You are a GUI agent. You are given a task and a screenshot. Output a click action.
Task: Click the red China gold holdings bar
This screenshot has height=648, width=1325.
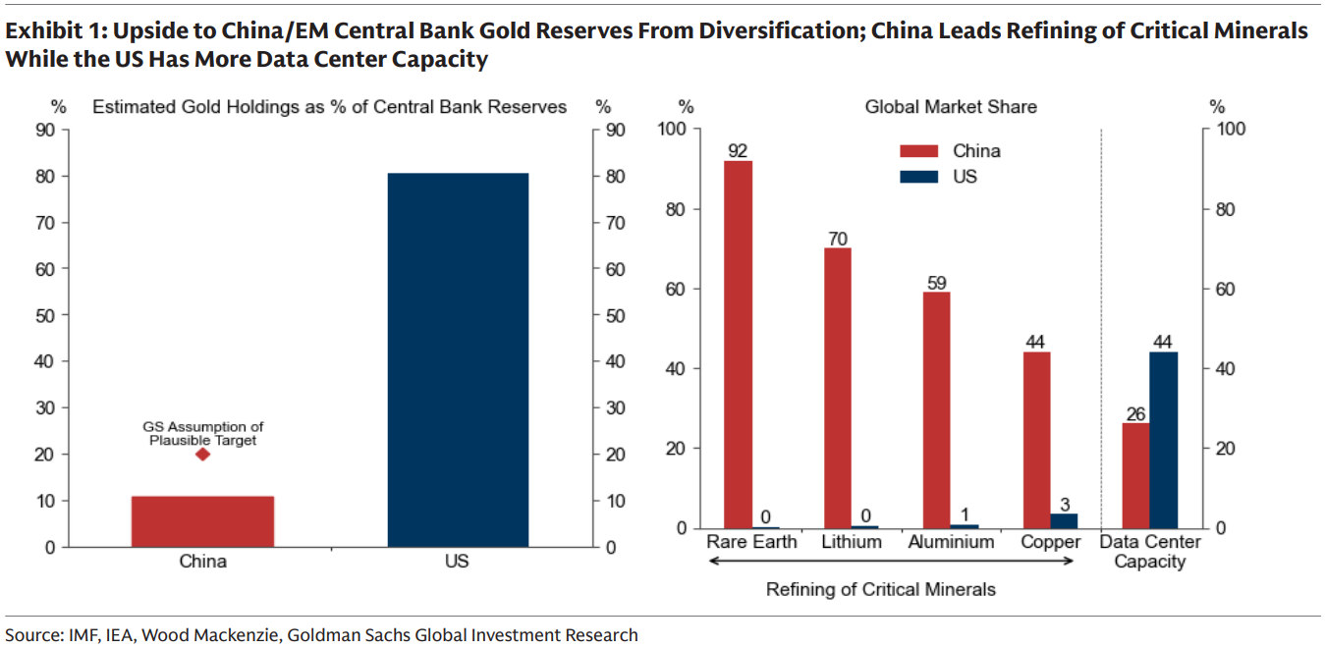[202, 521]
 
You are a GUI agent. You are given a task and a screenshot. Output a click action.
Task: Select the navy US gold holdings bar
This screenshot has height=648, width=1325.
[458, 359]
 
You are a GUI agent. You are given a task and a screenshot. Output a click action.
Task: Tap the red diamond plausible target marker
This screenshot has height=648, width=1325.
[202, 454]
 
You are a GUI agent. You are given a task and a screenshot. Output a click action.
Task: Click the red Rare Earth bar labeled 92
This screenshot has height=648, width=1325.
[738, 344]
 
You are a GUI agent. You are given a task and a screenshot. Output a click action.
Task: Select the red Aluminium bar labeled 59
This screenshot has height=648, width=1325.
[937, 409]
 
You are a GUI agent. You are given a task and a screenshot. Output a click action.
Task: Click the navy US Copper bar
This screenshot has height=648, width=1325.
[1064, 520]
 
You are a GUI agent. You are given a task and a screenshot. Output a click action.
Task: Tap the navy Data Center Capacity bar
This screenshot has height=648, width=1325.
[1164, 440]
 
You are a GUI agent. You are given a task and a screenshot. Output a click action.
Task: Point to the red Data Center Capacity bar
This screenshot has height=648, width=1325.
[1135, 475]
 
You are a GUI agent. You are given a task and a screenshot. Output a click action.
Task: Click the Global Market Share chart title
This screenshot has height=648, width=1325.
[951, 106]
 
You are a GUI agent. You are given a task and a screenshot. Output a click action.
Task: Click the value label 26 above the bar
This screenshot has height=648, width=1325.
[1135, 413]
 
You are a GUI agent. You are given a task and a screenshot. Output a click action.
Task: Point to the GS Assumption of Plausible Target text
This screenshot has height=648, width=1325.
[203, 434]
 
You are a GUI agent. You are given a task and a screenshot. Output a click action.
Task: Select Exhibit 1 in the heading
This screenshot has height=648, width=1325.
[48, 30]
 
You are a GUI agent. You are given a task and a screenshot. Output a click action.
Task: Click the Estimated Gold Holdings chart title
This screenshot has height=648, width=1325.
[329, 106]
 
